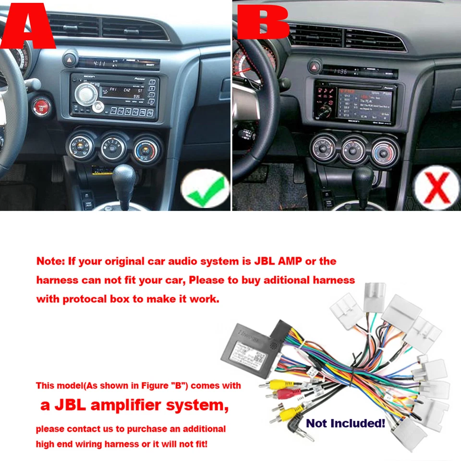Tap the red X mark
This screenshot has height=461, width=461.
click(436, 188)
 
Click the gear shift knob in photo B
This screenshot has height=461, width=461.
click(362, 177)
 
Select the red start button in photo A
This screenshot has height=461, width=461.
click(42, 106)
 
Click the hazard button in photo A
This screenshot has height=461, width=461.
click(70, 61)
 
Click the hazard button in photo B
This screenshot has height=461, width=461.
click(315, 66)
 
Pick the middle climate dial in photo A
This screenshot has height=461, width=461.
click(113, 146)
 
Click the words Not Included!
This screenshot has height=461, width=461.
click(346, 423)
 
